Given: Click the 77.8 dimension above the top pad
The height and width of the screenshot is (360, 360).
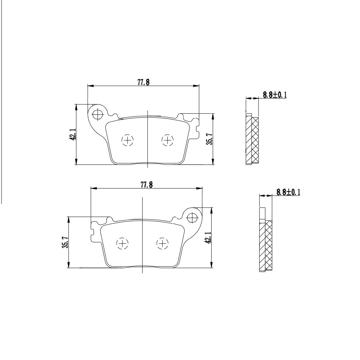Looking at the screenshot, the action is click(144, 82).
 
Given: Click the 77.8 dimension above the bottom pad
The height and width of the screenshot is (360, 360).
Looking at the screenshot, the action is click(147, 185).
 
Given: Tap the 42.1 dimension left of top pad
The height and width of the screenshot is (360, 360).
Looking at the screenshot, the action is click(73, 135).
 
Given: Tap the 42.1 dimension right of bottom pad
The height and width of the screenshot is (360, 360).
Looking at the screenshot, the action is click(208, 237).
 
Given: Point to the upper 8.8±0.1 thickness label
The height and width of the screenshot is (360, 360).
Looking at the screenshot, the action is click(275, 95).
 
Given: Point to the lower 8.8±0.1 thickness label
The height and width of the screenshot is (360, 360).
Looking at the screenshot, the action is click(288, 192).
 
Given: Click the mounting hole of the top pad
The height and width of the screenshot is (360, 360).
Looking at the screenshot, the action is click(98, 114).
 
